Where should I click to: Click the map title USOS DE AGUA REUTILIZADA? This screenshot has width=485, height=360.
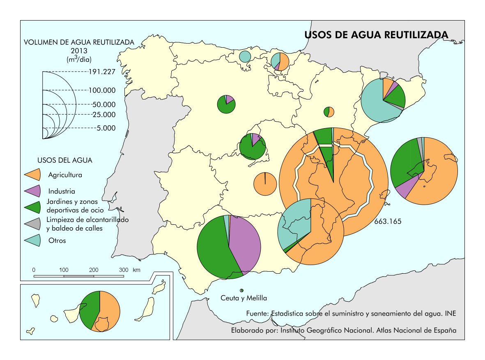click(x=376, y=35)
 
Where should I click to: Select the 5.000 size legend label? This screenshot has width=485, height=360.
click(x=106, y=128)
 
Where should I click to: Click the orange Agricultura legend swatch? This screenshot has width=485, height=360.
click(x=33, y=175)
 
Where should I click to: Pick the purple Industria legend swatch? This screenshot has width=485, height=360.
click(x=33, y=191)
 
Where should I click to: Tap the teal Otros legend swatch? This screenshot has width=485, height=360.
click(x=33, y=240)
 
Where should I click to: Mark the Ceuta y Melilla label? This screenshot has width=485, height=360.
click(x=244, y=298)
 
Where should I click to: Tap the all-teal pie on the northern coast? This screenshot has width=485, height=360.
click(x=245, y=57)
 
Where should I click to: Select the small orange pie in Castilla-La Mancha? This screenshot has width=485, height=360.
click(x=264, y=185)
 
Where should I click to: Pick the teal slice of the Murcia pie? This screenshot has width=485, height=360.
click(x=294, y=222)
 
